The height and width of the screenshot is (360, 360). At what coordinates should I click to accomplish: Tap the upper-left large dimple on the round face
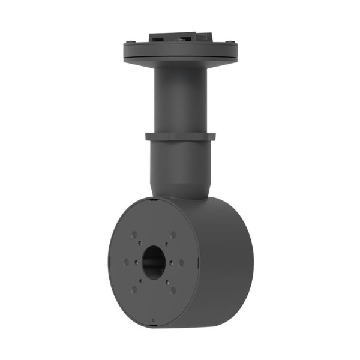pyautogui.click(x=134, y=235)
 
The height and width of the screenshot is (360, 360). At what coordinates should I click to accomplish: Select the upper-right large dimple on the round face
pyautogui.click(x=173, y=235)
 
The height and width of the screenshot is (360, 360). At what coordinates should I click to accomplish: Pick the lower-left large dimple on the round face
pyautogui.click(x=134, y=289)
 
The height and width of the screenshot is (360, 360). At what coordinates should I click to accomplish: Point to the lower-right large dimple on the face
pyautogui.click(x=173, y=290)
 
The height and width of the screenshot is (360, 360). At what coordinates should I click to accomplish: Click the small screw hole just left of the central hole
pyautogui.click(x=137, y=262)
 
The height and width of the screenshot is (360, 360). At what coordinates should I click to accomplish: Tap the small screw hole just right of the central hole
pyautogui.click(x=172, y=262)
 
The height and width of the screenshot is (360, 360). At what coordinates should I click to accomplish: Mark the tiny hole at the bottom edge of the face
pyautogui.click(x=154, y=320)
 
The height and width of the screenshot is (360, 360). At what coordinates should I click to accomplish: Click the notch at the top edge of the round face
pyautogui.click(x=154, y=199)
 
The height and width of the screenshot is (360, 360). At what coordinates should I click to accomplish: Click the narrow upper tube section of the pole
pyautogui.click(x=180, y=96)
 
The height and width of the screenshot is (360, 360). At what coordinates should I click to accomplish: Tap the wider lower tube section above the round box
pyautogui.click(x=180, y=168)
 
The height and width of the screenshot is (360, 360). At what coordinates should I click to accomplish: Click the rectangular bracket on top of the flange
pyautogui.click(x=180, y=36)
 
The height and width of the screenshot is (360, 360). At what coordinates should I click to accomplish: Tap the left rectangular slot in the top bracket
pyautogui.click(x=158, y=37)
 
